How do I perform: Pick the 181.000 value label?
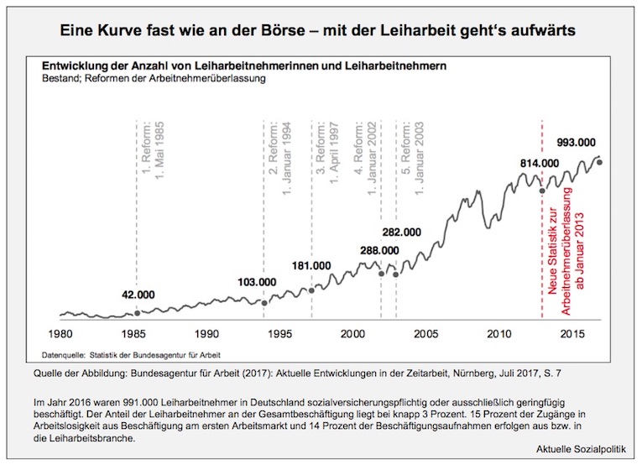click(311, 265)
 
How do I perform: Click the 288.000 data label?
click(379, 250)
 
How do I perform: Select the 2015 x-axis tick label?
click(572, 333)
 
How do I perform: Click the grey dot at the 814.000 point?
click(542, 191)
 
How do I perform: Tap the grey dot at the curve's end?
click(599, 162)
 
